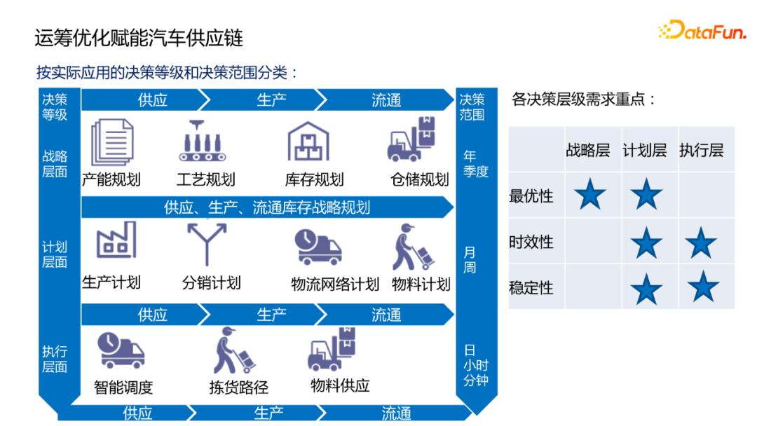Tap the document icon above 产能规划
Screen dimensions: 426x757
pyautogui.click(x=112, y=141)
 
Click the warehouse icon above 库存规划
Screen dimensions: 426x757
pyautogui.click(x=308, y=142)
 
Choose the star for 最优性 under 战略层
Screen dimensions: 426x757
pyautogui.click(x=589, y=194)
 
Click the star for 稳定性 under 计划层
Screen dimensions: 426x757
pyautogui.click(x=646, y=288)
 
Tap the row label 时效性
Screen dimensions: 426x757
pyautogui.click(x=531, y=242)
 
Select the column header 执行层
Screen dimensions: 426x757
pyautogui.click(x=701, y=150)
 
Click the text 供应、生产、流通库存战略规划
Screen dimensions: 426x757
pyautogui.click(x=267, y=207)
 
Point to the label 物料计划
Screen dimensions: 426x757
pyautogui.click(x=421, y=284)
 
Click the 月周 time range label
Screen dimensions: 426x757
pyautogui.click(x=470, y=260)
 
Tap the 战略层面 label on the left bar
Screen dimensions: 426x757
pyautogui.click(x=55, y=163)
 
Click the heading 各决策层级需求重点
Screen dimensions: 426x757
pyautogui.click(x=585, y=99)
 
